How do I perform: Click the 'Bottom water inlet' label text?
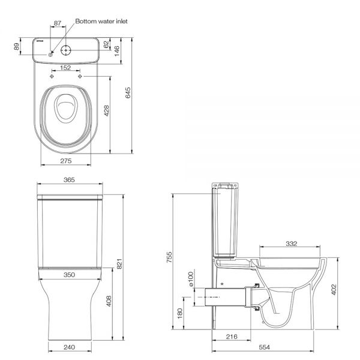coord(101,22)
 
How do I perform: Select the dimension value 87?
coord(58,23)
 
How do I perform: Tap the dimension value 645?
coord(128,93)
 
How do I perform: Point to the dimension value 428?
coord(107,110)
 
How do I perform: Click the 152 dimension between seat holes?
coord(65,68)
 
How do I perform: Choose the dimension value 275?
coord(66,161)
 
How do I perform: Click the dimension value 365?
coord(69,179)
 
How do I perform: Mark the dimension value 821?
coord(119,264)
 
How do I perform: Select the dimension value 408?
coord(109,301)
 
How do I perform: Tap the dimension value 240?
coord(69,347)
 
